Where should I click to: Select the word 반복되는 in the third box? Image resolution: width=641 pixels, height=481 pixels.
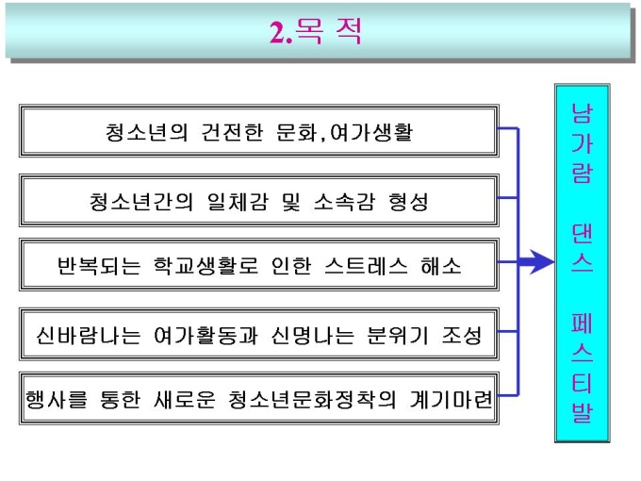[x=98, y=265]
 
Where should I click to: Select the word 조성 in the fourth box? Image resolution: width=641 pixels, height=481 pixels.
[x=458, y=335]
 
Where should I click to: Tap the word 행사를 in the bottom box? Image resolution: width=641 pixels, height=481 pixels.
[x=62, y=400]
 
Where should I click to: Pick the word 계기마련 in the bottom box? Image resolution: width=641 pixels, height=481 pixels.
[x=452, y=400]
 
